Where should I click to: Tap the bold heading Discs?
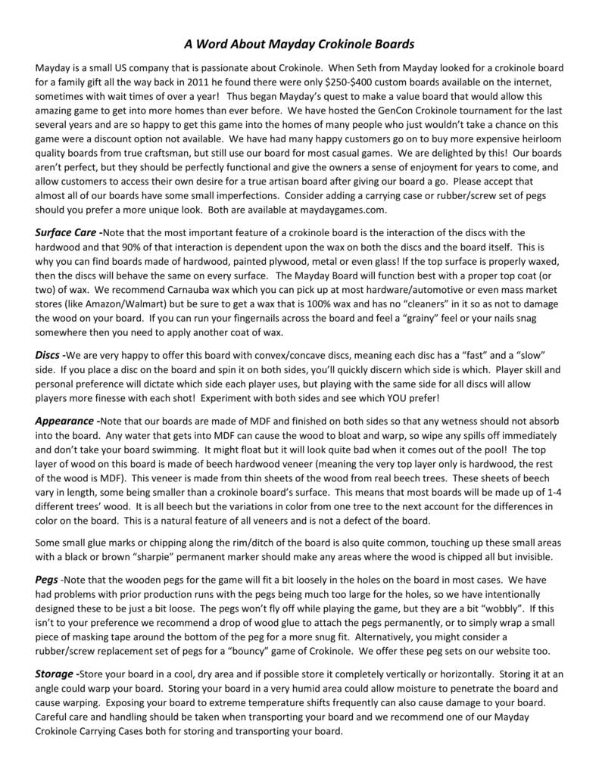[48, 355]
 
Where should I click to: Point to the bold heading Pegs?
[48, 577]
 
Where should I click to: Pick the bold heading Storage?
[55, 674]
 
